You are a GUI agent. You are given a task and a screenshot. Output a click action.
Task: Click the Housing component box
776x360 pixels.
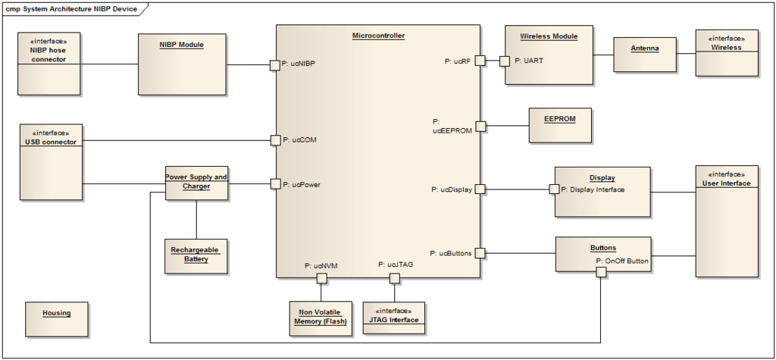pyautogui.click(x=56, y=319)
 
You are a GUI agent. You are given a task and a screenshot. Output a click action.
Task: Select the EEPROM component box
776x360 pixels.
pyautogui.click(x=560, y=126)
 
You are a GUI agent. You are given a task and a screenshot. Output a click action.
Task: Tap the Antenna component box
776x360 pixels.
pyautogui.click(x=644, y=55)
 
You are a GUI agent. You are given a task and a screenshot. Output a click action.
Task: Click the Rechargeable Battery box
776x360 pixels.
pyautogui.click(x=196, y=256)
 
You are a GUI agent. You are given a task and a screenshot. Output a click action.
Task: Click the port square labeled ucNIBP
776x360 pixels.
pyautogui.click(x=275, y=64)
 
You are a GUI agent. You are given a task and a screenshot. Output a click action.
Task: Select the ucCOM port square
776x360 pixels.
pyautogui.click(x=275, y=140)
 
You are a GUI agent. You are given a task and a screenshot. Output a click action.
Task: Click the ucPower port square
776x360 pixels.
pyautogui.click(x=275, y=184)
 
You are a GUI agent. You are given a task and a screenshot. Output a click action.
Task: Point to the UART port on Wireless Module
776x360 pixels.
pyautogui.click(x=505, y=61)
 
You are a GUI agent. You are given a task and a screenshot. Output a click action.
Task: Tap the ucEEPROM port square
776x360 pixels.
pyautogui.click(x=480, y=126)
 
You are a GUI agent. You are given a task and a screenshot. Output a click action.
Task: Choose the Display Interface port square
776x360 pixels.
pyautogui.click(x=554, y=189)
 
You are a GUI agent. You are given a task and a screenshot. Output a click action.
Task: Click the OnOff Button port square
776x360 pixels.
pyautogui.click(x=601, y=272)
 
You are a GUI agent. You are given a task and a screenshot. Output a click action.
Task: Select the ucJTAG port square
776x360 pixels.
pyautogui.click(x=394, y=278)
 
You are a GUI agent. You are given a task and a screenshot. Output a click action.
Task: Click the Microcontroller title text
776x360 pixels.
pyautogui.click(x=378, y=36)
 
